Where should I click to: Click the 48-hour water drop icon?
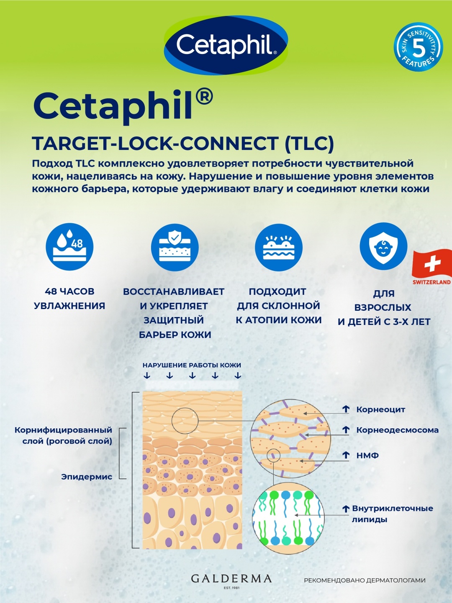point(70,247)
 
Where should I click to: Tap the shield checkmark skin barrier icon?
point(175,247)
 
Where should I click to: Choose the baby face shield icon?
point(383,246)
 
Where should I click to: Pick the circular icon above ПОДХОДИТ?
point(279,247)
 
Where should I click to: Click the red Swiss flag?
point(431,264)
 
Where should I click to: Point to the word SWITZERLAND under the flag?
point(431,282)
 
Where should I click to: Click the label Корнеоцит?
point(381,410)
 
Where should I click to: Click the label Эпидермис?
point(87,477)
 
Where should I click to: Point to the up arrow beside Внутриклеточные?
point(346,509)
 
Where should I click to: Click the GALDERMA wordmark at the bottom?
point(231,579)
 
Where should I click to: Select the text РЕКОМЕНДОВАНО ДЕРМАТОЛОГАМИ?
point(365,580)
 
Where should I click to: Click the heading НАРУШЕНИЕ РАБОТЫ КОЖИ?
point(192,365)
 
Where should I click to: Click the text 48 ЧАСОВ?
point(69,291)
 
